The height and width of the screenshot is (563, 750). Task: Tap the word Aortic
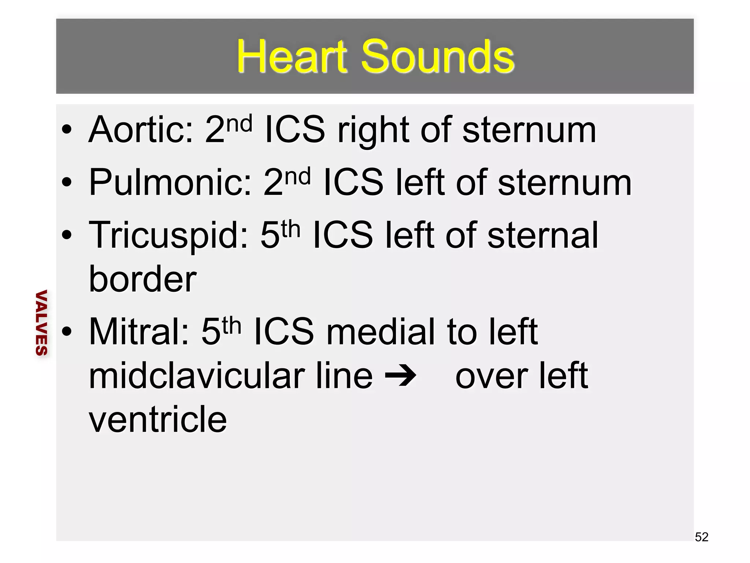pos(141,130)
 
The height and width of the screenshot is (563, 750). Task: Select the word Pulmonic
pos(170,183)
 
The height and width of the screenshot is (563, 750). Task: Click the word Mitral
pos(139,332)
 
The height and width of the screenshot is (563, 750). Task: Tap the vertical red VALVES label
pos(41,323)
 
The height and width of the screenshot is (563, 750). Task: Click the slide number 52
pos(701,537)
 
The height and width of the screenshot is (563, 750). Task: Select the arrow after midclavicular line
pos(401,376)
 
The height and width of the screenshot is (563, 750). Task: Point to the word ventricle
pos(158,420)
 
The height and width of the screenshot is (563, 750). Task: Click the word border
pos(143,279)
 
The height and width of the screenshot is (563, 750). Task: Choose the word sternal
pos(543,235)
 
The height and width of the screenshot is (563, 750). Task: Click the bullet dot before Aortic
pos(67,130)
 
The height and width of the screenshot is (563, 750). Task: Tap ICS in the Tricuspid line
pos(342,235)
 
